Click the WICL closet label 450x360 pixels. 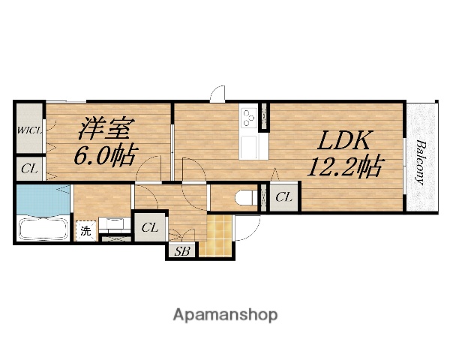[30, 130]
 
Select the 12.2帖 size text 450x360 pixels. [345, 166]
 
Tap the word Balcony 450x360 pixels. [421, 162]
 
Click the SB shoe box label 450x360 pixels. [182, 251]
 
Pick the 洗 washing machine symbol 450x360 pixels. [85, 231]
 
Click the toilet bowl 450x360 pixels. [246, 197]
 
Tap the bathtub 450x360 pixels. [43, 229]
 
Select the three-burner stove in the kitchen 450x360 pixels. [249, 118]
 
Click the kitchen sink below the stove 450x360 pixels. [249, 148]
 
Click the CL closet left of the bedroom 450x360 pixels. [29, 169]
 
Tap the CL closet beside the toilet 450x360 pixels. [283, 197]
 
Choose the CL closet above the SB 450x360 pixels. [150, 228]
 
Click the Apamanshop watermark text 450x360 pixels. [225, 315]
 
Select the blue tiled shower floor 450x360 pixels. [43, 199]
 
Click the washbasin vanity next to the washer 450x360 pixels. [115, 223]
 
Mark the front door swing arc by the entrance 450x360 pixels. [253, 232]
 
